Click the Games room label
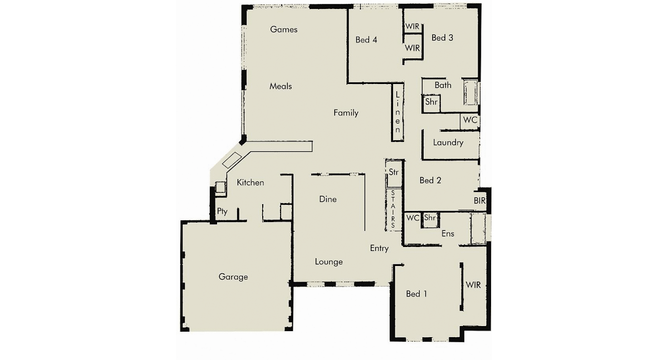point(283,29)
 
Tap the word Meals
point(281,86)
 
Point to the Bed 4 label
point(366,40)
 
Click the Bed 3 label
point(442,38)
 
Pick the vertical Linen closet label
point(397,112)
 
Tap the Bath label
point(443,86)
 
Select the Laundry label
point(448,143)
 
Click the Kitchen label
point(250,183)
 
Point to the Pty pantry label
point(222,211)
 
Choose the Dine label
point(328,199)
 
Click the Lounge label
point(328,262)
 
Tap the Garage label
point(233,277)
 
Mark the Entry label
point(379,249)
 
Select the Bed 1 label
point(416,294)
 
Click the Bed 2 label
point(430,180)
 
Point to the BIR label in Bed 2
point(479,201)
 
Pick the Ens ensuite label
point(448,234)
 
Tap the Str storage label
point(394,172)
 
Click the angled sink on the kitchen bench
point(232,160)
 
